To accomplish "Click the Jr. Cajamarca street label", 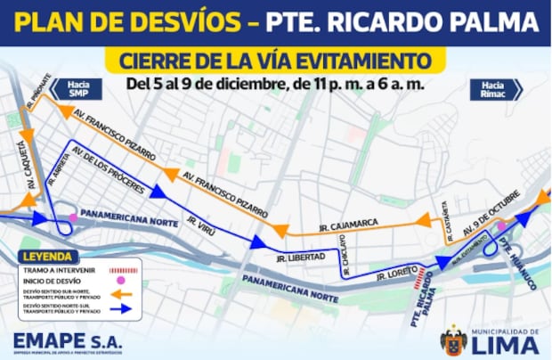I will click(x=349, y=223).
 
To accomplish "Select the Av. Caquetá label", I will click(x=29, y=170).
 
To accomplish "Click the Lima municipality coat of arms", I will click(x=453, y=340).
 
